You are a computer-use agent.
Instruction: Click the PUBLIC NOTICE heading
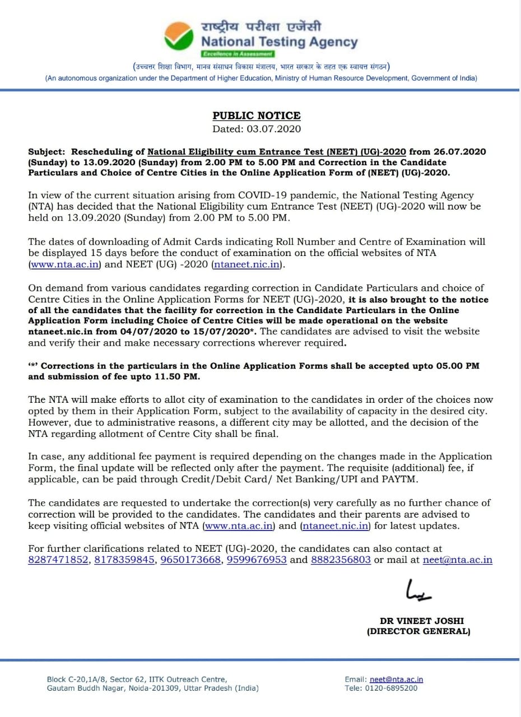(x=257, y=116)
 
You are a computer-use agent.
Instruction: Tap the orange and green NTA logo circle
(x=178, y=36)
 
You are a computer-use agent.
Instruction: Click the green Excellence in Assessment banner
(x=238, y=54)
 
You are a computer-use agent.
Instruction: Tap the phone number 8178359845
(x=125, y=560)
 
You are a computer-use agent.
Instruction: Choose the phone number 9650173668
(x=190, y=560)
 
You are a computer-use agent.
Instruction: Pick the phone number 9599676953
(x=257, y=560)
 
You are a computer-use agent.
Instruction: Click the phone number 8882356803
(x=341, y=560)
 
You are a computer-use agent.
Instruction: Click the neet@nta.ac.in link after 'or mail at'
(x=458, y=560)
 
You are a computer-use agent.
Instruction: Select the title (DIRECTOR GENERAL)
(x=418, y=631)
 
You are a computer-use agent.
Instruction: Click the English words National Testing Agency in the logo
(x=279, y=42)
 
